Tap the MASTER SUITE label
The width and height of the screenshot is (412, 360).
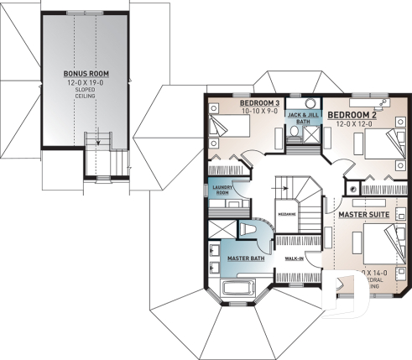tap(362, 216)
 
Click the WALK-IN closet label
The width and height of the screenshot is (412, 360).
tap(295, 258)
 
